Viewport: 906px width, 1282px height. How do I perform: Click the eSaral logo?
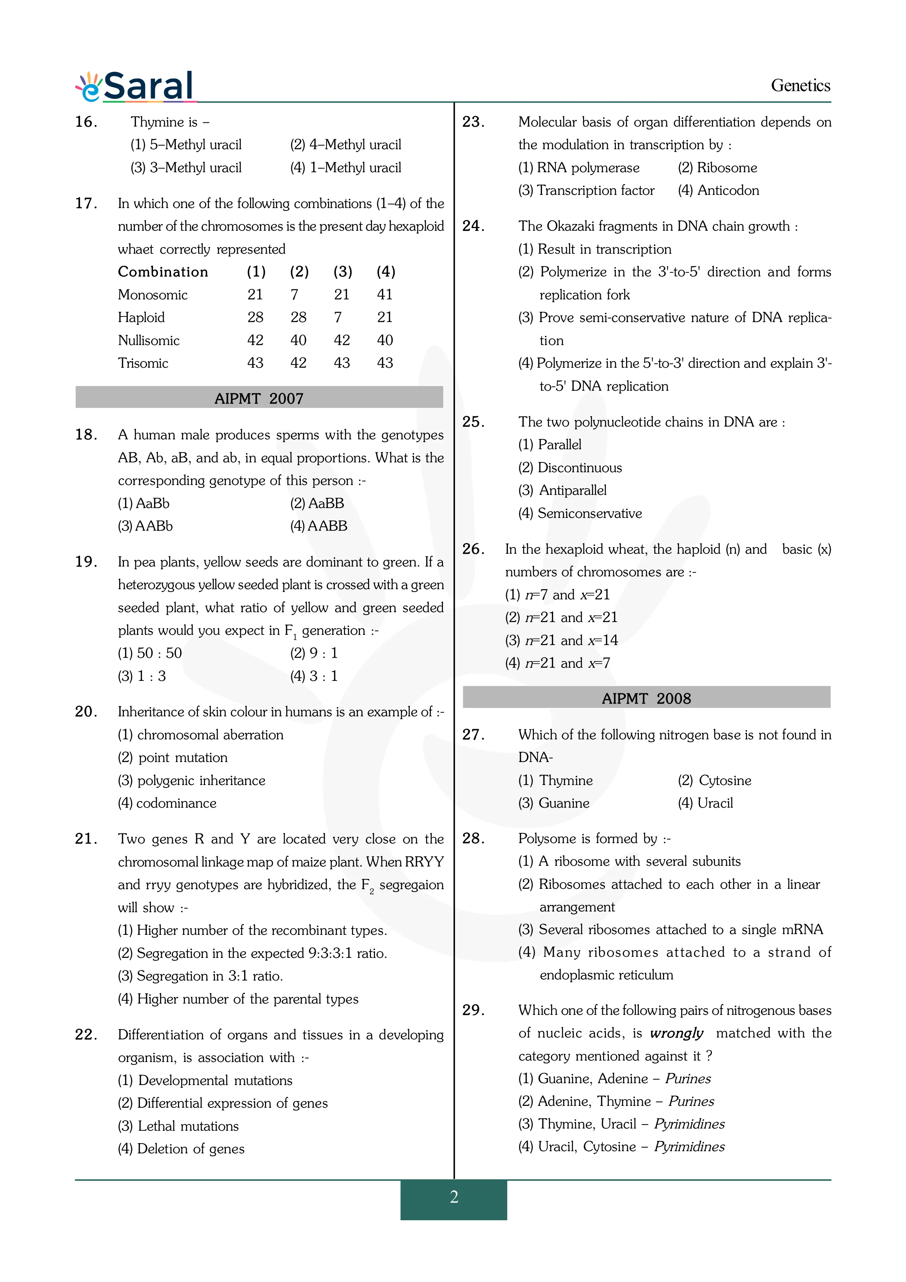(136, 87)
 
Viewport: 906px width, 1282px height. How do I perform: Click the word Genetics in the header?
(800, 86)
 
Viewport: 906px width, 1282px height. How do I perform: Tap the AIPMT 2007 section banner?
(259, 398)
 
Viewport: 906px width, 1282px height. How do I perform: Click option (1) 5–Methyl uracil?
(186, 145)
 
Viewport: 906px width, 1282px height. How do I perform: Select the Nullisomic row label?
(148, 340)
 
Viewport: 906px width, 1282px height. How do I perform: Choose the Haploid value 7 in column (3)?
(338, 317)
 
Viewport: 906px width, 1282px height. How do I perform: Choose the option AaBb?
(144, 503)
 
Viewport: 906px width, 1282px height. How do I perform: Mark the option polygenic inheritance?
(192, 780)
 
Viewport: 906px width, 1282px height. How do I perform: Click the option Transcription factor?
(586, 190)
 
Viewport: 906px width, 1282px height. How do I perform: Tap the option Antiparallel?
(563, 490)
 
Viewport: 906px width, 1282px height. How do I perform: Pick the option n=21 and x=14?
(562, 640)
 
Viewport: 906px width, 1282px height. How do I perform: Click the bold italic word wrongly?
(676, 1033)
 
